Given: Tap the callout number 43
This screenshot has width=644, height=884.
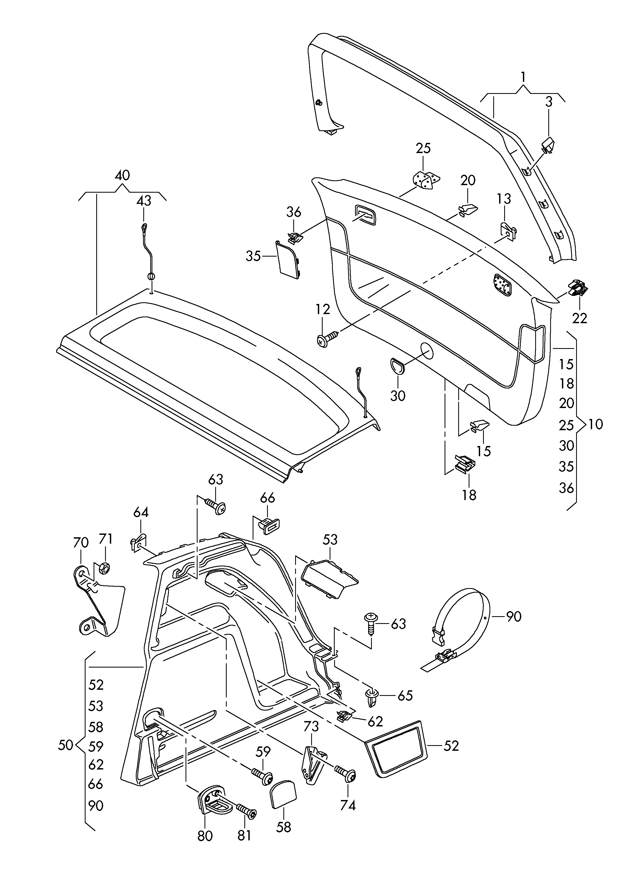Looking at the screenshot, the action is (x=144, y=201).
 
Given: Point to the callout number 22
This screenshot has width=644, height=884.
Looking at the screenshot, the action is (x=579, y=318).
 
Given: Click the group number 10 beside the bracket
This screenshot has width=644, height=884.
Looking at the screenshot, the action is (x=595, y=424).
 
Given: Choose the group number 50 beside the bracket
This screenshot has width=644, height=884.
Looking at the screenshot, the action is (x=65, y=745).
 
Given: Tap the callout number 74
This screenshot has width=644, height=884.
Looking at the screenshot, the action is (x=348, y=805).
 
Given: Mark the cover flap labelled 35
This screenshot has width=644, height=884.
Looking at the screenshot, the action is (x=289, y=259).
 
